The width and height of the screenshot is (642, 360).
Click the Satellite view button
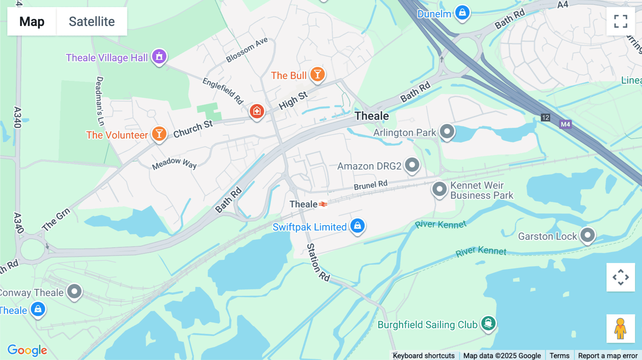click(x=92, y=21)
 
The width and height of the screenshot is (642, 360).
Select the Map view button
click(x=32, y=21)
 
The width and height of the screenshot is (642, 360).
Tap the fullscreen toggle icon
click(x=621, y=21)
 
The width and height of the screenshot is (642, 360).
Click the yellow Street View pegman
click(x=621, y=328)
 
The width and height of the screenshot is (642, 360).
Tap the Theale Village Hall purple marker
click(x=159, y=56)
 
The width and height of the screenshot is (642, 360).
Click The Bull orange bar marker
click(x=317, y=74)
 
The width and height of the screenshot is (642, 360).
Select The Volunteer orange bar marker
click(x=159, y=134)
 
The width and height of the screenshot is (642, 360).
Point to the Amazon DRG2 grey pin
click(x=412, y=165)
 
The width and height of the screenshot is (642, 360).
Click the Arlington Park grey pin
click(x=447, y=132)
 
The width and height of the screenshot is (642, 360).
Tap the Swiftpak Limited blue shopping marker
click(x=357, y=226)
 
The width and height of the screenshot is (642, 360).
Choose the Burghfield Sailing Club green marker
click(x=488, y=323)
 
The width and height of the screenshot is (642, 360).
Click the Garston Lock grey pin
click(x=587, y=235)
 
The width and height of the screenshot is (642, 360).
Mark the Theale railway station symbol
click(x=323, y=204)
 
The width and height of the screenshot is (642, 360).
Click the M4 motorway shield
click(x=565, y=124)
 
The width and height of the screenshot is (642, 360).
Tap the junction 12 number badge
click(x=545, y=118)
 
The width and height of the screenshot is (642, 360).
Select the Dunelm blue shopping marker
click(x=462, y=13)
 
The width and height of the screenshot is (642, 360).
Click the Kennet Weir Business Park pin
click(x=439, y=189)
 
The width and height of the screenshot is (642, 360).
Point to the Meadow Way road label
click(x=174, y=163)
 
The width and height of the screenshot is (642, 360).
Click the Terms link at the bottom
click(x=559, y=355)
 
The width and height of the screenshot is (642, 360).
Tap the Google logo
click(x=27, y=350)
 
